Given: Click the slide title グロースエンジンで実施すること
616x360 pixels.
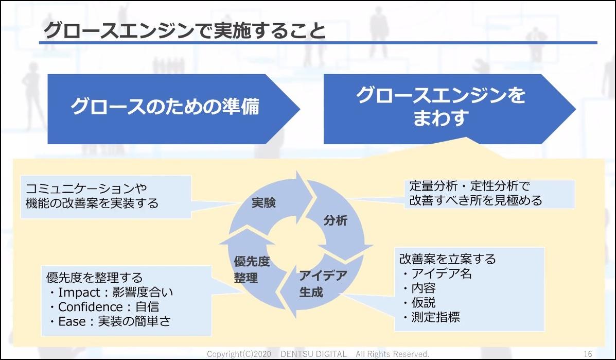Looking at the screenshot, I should (185, 30).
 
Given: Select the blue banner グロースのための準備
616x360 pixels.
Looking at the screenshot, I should (165, 107).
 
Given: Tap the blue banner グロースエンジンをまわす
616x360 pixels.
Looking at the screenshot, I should (440, 107).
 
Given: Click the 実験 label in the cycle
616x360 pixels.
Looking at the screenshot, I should (263, 203).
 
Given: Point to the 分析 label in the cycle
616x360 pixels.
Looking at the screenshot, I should (336, 221).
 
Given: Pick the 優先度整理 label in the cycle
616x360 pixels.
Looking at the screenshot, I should (252, 269).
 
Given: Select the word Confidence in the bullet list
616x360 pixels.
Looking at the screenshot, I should (90, 307).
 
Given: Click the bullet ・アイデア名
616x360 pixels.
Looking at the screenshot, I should (437, 273).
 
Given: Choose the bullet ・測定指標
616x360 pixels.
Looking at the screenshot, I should (431, 317).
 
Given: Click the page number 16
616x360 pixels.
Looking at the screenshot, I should (588, 354).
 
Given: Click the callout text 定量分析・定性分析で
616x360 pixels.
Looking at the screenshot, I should (469, 186).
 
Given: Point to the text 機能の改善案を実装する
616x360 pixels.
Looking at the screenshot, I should (92, 203).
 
